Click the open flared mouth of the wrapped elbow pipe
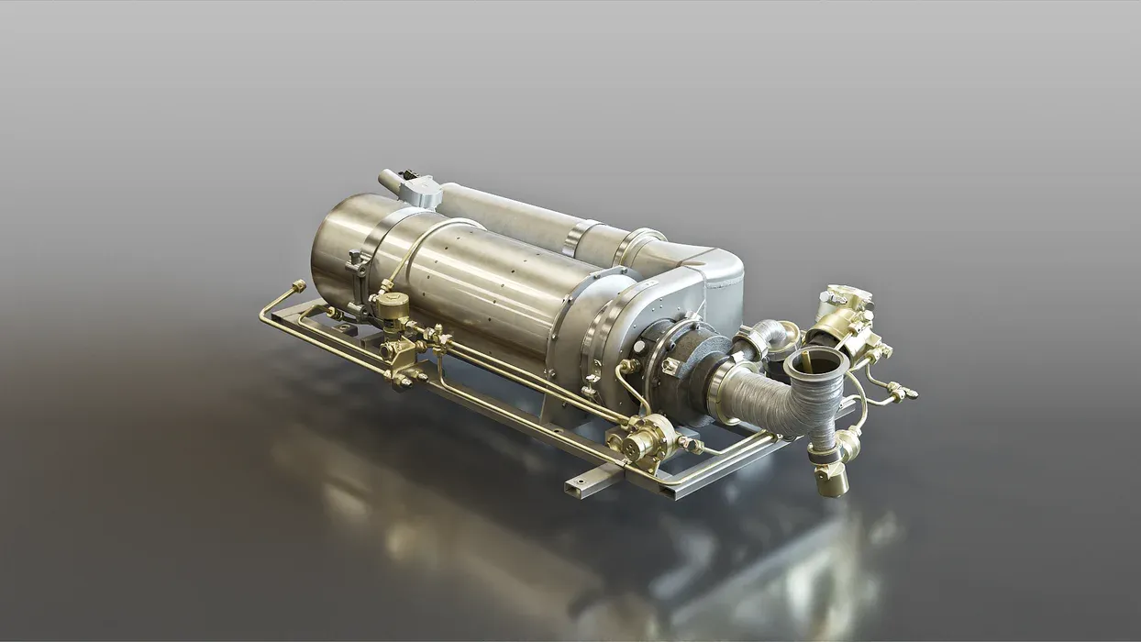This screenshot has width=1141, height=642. pyautogui.click(x=815, y=362)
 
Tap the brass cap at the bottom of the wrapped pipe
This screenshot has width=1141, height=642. pyautogui.click(x=831, y=481)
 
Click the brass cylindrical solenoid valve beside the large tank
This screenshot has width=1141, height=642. pyautogui.click(x=392, y=307)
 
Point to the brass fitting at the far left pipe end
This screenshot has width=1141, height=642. pyautogui.click(x=298, y=287)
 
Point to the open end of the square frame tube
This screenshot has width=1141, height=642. pyautogui.click(x=576, y=482)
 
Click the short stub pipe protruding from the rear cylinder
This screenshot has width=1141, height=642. pyautogui.click(x=389, y=179)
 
